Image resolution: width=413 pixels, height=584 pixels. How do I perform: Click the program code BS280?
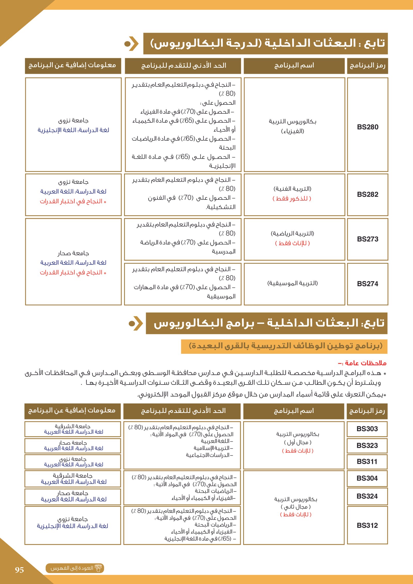(368, 127)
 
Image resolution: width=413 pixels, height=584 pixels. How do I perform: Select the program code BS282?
(368, 194)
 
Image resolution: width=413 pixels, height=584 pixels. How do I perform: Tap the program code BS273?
(368, 239)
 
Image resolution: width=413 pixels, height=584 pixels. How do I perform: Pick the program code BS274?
(368, 284)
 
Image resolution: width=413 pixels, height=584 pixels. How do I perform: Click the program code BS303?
(367, 429)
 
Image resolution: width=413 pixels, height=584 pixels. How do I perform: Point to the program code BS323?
(367, 445)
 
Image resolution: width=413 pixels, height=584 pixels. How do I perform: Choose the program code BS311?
(367, 461)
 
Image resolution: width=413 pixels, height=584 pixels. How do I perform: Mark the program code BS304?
(367, 478)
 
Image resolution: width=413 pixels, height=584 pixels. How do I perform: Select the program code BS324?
(367, 496)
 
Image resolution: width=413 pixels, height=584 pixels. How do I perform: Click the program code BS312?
(367, 525)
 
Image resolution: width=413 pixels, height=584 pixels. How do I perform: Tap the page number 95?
(19, 570)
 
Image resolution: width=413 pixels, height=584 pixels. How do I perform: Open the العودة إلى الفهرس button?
(75, 568)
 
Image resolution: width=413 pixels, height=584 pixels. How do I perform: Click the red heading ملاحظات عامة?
(362, 363)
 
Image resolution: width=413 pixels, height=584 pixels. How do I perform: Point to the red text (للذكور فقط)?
(292, 198)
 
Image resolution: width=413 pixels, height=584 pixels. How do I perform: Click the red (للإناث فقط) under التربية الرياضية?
(292, 243)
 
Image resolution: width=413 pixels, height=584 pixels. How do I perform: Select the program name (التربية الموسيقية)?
(292, 283)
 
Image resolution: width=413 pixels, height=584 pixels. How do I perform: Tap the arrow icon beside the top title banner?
(132, 44)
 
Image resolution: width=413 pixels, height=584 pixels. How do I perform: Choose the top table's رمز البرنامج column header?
(367, 66)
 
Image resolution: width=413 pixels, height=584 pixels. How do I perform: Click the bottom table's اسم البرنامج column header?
(294, 411)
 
